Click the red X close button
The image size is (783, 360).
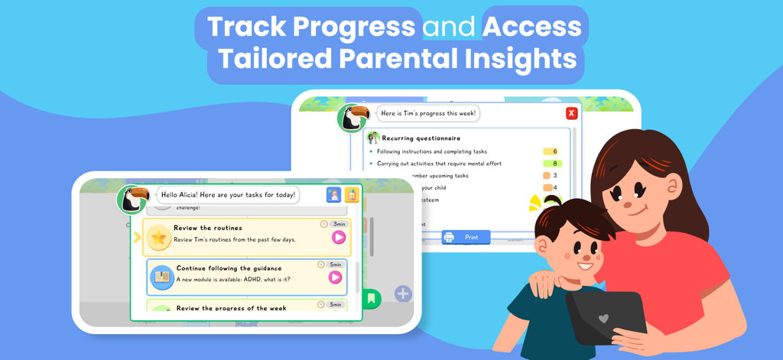tap(571, 113)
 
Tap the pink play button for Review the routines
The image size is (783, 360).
tap(338, 238)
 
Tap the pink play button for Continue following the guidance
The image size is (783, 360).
tap(335, 277)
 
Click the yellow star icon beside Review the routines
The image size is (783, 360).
tap(159, 238)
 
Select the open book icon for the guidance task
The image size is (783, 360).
tap(162, 277)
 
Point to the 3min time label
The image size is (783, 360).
tap(339, 224)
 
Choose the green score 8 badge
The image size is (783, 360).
tap(553, 164)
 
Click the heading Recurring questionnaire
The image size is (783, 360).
tap(421, 138)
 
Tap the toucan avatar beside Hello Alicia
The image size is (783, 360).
tap(132, 199)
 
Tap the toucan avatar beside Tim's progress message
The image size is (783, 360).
tap(353, 117)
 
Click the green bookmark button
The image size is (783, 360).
tap(371, 298)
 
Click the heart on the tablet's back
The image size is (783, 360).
tap(604, 318)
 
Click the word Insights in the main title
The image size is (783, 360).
tap(521, 60)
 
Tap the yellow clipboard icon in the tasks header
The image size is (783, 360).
tap(351, 195)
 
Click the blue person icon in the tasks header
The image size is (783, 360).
tap(333, 195)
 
